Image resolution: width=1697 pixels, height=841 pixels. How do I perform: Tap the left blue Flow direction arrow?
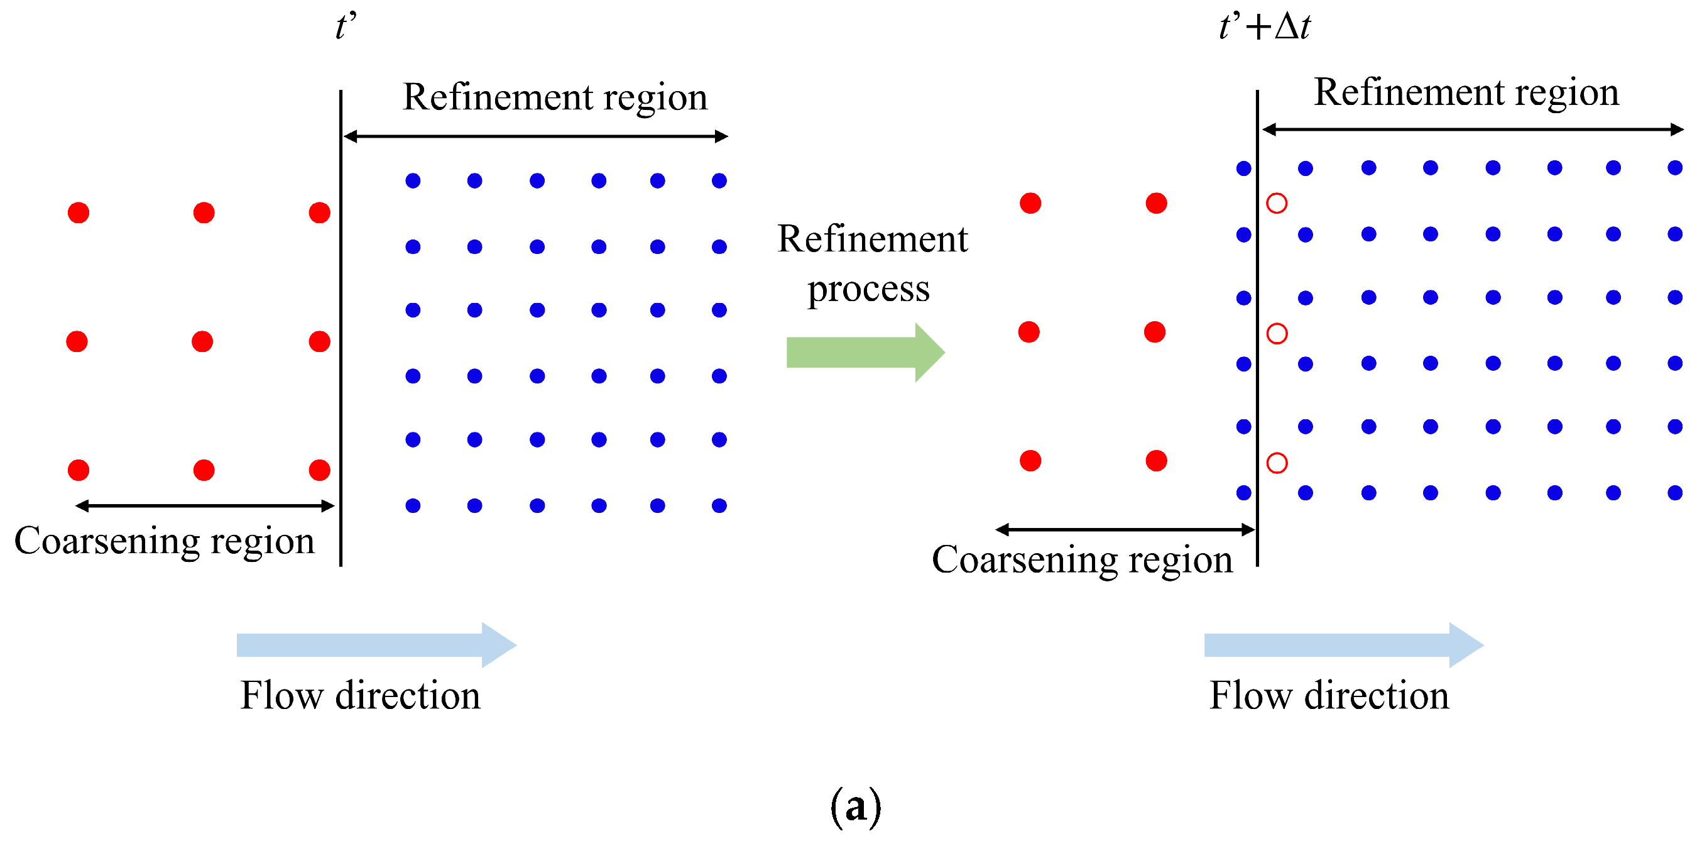tap(376, 645)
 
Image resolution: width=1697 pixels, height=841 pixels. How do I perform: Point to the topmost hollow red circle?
tap(1277, 203)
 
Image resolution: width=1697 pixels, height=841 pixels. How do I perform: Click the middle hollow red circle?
tap(1277, 334)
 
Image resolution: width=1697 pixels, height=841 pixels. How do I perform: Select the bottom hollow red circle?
tap(1277, 463)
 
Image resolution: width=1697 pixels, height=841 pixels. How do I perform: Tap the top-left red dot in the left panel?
tap(79, 213)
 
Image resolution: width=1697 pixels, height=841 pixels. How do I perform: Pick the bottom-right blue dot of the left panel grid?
tap(719, 505)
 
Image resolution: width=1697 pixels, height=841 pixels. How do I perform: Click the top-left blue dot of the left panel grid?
tap(413, 180)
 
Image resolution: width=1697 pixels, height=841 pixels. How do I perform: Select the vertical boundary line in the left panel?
tap(341, 329)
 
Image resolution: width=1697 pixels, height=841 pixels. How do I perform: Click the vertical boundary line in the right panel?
tap(1257, 329)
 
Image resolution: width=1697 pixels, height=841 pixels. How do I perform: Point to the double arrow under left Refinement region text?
tap(535, 136)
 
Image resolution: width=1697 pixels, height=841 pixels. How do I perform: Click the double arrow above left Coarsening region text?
tap(205, 505)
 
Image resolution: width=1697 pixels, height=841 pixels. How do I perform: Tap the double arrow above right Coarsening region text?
tap(1125, 529)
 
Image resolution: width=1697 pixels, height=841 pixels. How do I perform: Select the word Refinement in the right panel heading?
tap(1409, 92)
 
